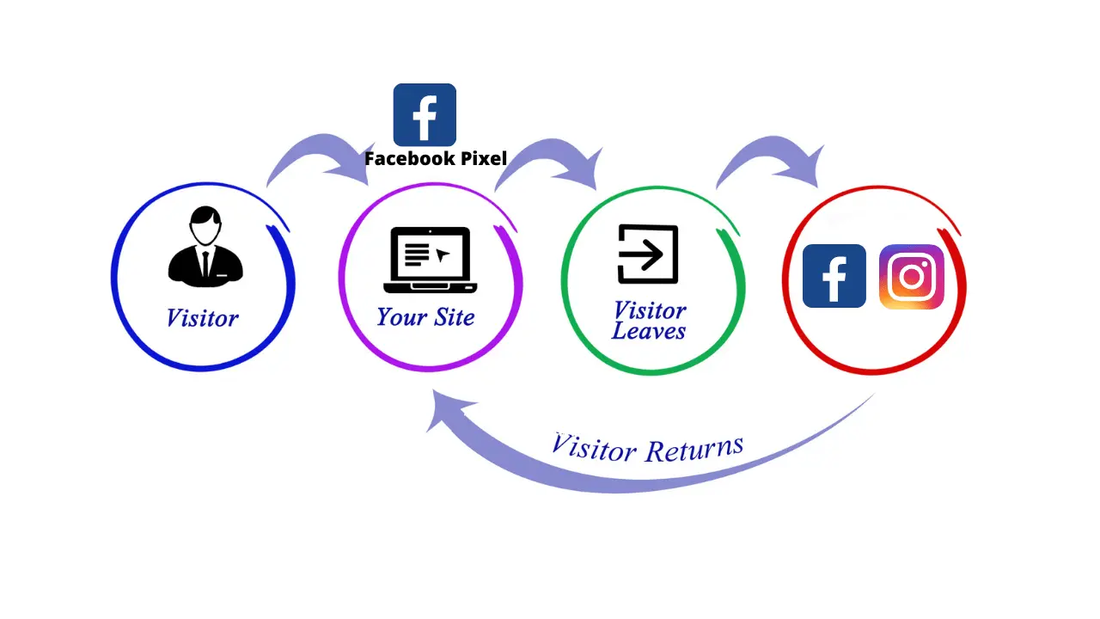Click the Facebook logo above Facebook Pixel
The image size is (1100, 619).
click(x=425, y=114)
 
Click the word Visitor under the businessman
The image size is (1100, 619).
click(x=202, y=318)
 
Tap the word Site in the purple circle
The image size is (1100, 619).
click(x=455, y=317)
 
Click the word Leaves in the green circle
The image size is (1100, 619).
click(x=649, y=331)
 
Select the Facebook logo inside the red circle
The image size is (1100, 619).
click(x=834, y=276)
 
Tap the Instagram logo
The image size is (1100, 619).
click(x=912, y=277)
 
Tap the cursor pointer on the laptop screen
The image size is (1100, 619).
click(x=443, y=254)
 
